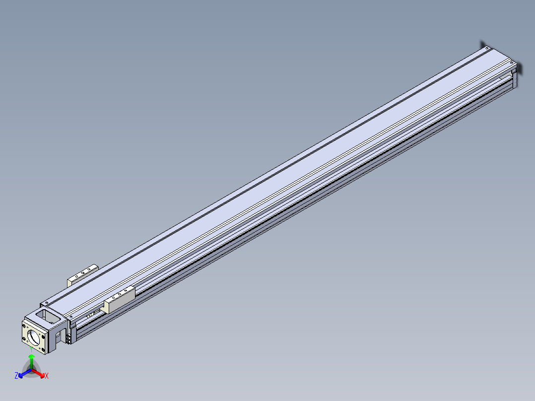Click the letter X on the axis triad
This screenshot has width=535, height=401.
point(47,376)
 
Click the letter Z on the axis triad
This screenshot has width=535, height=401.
point(16,376)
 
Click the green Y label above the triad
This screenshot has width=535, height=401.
point(31,349)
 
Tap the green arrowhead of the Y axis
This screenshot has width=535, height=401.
point(31,357)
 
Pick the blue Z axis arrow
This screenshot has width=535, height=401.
point(25,373)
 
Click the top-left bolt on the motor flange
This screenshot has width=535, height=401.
point(24,327)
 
